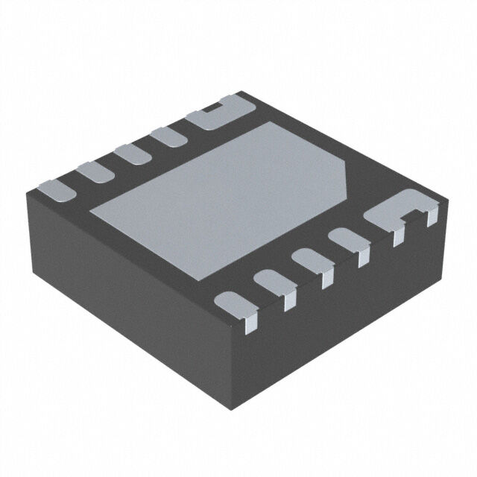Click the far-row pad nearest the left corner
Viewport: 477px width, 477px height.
click(56, 191)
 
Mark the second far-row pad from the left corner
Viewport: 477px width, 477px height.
click(93, 172)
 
